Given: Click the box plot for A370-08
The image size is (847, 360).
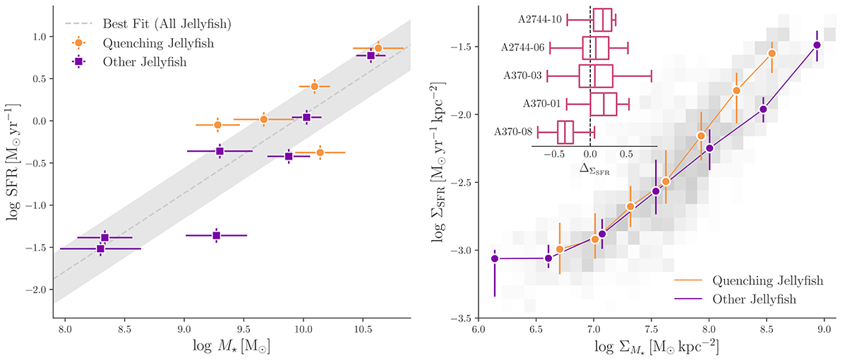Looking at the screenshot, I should click(565, 132).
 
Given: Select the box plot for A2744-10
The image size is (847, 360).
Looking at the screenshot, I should click(602, 19).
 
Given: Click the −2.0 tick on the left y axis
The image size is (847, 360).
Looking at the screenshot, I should click(38, 290).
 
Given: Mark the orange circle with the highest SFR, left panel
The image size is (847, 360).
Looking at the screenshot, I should click(378, 48).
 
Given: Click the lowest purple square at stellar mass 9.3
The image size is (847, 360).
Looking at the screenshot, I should click(216, 235).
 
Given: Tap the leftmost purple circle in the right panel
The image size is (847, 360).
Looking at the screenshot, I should click(495, 259).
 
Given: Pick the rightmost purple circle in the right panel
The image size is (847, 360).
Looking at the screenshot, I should click(817, 45).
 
